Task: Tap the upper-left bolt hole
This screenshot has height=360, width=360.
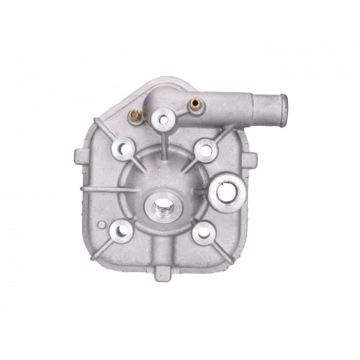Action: coord(120,150)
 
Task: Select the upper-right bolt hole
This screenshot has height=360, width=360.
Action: coord(204,150)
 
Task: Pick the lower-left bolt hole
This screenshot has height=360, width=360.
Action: coord(121,230)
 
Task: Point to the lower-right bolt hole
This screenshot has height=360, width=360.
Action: coord(202,232)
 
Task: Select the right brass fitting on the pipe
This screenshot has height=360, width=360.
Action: coord(192,105)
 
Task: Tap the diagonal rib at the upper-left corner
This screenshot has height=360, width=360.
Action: coord(101,130)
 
